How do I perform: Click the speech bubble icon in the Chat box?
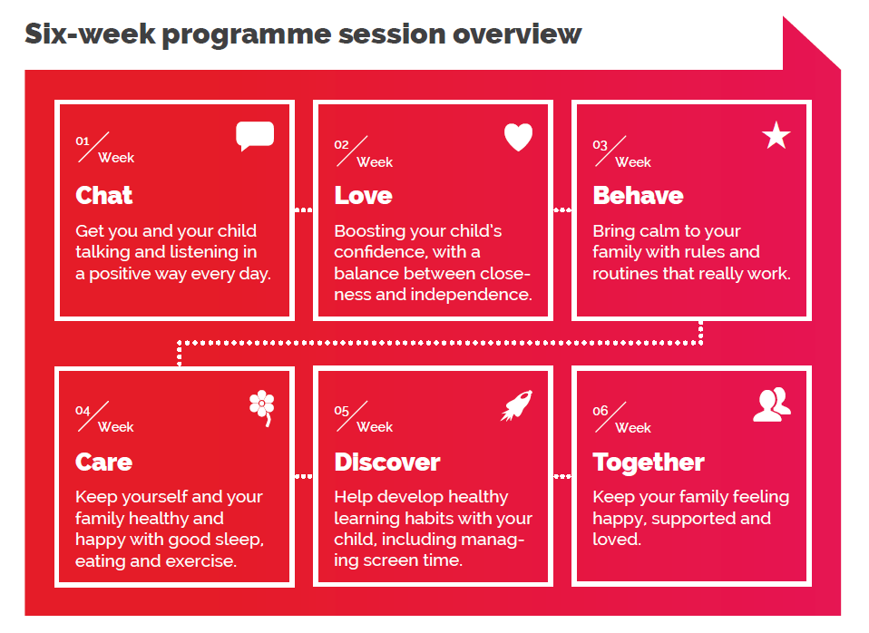point(255,135)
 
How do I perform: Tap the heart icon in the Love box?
point(518,136)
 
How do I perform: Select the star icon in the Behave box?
point(776,135)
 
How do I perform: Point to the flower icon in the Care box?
point(261,407)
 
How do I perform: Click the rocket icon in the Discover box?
point(517,405)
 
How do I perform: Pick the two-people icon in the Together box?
point(772,404)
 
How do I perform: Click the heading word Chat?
point(104,196)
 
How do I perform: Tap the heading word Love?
point(363,196)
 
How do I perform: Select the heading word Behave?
point(638,196)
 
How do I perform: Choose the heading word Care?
point(103,462)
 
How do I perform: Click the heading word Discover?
point(386,462)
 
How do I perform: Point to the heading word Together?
point(649,463)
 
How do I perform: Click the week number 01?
point(83,141)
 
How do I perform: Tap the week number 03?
point(600,145)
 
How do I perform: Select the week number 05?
point(341,411)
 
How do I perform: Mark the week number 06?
point(600,411)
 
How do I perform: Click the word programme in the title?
point(247,35)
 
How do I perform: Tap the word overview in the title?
point(517,34)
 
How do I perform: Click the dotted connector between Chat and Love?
point(304,210)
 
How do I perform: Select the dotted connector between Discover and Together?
point(562,476)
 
